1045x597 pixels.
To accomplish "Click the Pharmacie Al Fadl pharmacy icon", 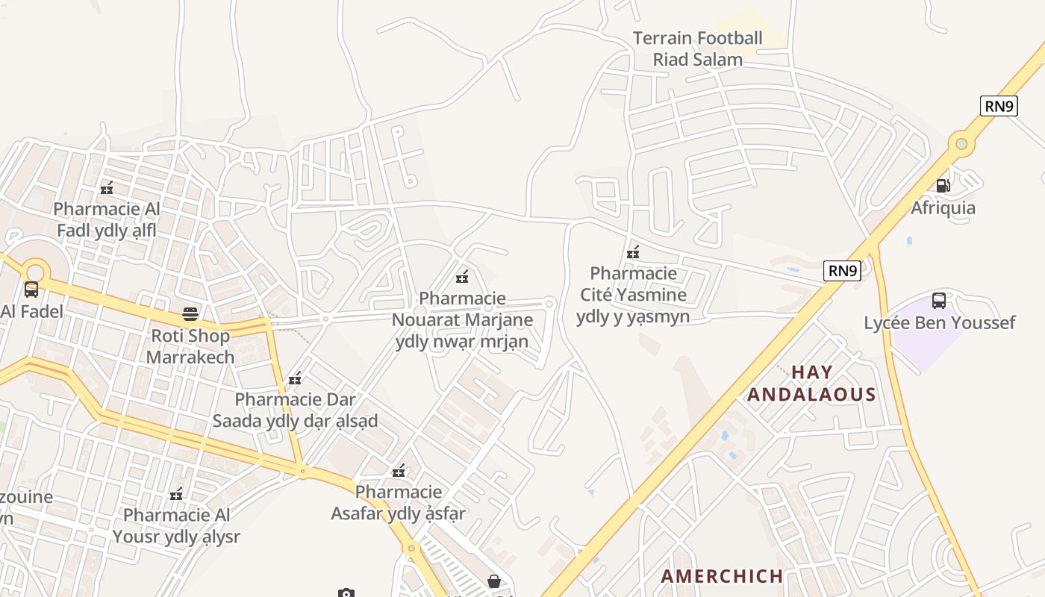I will click(107, 187).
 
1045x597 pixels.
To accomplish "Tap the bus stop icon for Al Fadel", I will click(31, 289).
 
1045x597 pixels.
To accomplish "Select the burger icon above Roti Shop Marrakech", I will click(190, 314).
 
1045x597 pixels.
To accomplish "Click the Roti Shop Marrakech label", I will click(190, 346).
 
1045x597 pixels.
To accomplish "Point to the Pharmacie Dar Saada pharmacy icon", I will click(295, 378).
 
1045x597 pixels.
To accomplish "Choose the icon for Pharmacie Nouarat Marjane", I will click(462, 277).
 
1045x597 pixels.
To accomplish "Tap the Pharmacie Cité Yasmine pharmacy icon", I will click(633, 251).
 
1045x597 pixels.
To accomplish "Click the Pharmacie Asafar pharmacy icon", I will click(399, 470).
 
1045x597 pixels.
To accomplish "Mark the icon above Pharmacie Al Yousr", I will click(176, 493).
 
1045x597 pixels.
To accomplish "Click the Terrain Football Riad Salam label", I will click(698, 49).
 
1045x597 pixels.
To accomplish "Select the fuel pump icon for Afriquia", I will click(943, 185).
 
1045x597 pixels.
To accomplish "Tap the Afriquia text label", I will click(943, 207).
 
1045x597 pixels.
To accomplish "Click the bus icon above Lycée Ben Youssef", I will click(939, 301).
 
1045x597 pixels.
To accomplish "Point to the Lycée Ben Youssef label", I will click(939, 322).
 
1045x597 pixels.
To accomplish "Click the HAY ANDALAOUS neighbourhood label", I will click(811, 383).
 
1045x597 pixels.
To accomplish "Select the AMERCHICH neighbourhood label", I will click(722, 575).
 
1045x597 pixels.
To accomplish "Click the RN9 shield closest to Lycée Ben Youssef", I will click(842, 270).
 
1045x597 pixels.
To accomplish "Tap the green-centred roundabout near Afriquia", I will click(961, 143).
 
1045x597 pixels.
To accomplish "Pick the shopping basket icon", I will click(493, 581).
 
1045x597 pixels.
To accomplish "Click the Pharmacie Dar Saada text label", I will click(295, 410).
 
